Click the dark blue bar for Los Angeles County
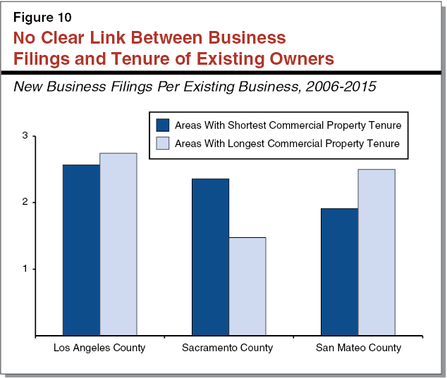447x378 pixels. [x=81, y=250]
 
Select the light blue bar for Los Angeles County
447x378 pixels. [x=118, y=244]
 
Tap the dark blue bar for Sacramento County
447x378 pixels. [x=210, y=257]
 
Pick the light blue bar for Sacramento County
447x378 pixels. [x=247, y=286]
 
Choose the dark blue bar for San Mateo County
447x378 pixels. [x=339, y=272]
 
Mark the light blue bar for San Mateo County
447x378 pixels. [x=376, y=252]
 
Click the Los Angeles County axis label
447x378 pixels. [x=99, y=348]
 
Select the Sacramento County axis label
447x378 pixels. [x=228, y=348]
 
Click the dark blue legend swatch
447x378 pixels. [x=163, y=125]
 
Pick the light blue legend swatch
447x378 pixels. [x=163, y=143]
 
